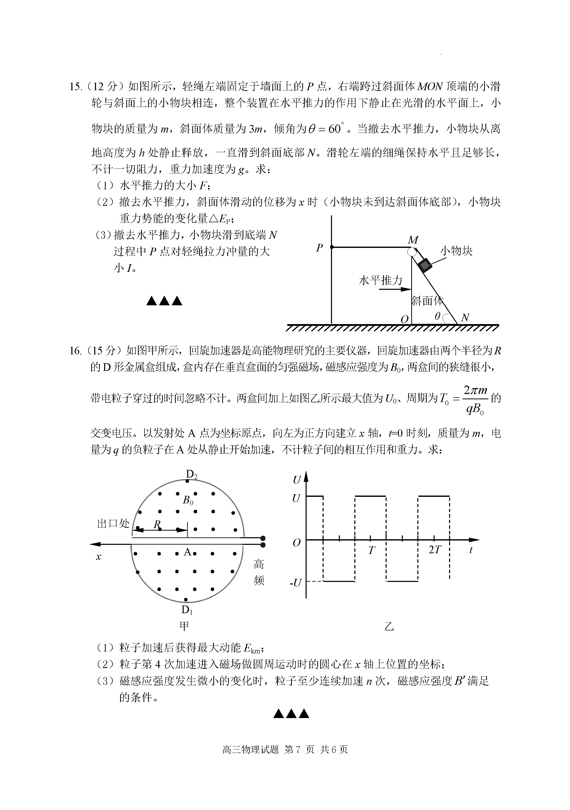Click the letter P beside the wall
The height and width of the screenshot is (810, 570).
click(x=320, y=248)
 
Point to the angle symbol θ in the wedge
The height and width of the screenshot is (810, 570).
click(x=437, y=316)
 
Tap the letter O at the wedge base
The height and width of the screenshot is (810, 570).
click(x=405, y=319)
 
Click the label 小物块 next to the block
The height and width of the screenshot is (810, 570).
click(x=456, y=251)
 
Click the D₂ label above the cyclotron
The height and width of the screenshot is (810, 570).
click(x=192, y=474)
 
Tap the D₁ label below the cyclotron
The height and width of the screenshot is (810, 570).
click(x=187, y=610)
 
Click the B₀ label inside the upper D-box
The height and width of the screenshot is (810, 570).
click(x=188, y=500)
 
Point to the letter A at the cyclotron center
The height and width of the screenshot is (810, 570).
click(x=187, y=552)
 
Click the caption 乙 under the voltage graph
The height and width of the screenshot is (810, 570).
click(x=389, y=626)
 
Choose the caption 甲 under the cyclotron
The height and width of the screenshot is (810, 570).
click(x=184, y=626)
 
